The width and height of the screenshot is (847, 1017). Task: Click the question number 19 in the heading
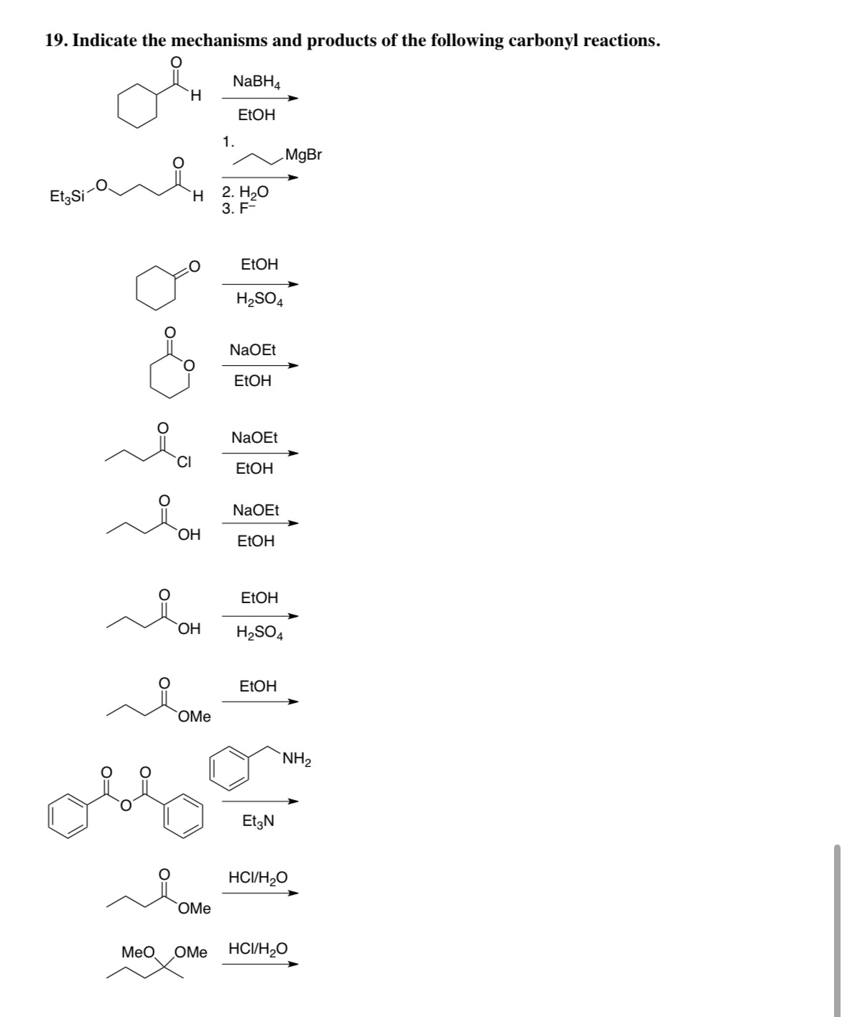[55, 41]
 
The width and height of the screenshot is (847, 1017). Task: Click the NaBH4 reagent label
[256, 82]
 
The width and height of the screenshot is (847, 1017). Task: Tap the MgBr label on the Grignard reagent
[304, 155]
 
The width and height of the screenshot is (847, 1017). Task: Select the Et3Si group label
[67, 195]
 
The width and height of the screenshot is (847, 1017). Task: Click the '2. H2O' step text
[245, 193]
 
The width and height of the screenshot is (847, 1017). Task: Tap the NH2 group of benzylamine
[297, 758]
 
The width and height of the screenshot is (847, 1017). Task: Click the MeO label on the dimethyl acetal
[138, 952]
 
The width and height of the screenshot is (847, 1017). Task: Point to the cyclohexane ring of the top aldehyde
[138, 107]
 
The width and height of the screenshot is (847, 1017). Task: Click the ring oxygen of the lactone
[188, 366]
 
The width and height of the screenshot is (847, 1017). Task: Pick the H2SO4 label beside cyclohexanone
[259, 300]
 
